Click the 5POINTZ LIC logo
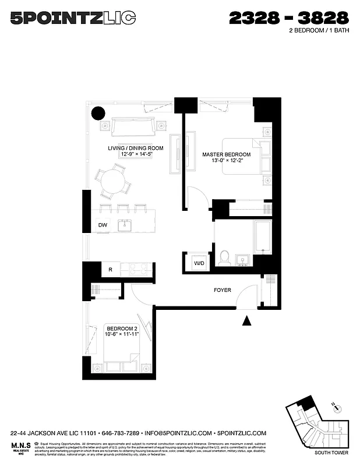point(73,19)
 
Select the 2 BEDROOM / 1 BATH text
point(319,32)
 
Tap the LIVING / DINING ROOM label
point(135,148)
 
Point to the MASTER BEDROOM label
point(227,154)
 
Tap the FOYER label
point(223,290)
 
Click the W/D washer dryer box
point(199,263)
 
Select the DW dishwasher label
point(103,225)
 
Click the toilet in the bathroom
point(224,257)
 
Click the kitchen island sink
point(123,225)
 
